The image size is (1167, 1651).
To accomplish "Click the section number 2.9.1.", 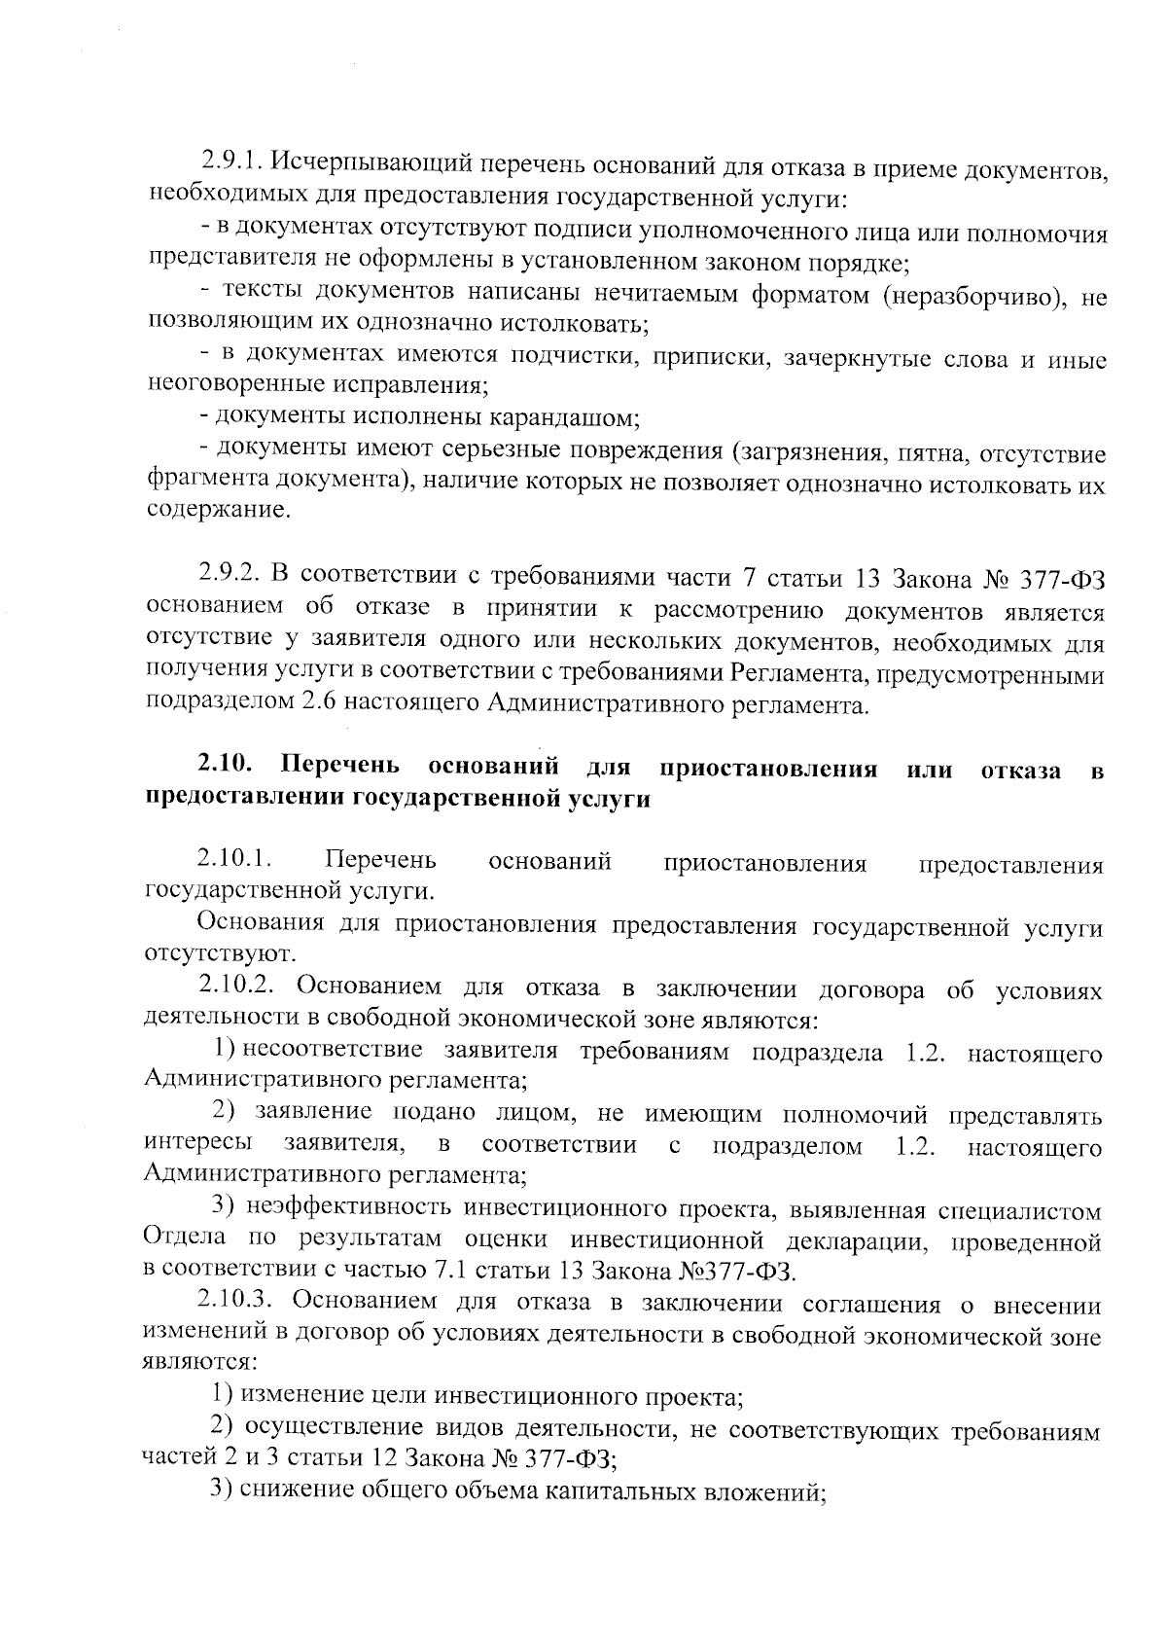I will point(229,159).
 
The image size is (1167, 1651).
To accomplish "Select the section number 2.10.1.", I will point(233,859).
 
